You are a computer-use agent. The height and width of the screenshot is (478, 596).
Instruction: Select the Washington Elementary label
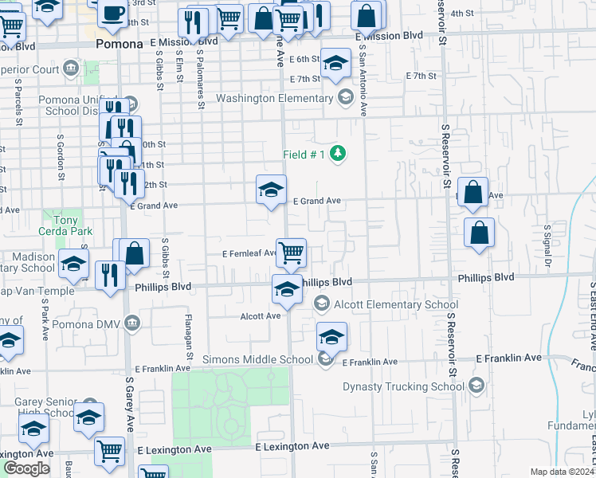coord(275,99)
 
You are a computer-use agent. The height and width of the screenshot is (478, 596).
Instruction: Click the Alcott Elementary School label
coord(396,304)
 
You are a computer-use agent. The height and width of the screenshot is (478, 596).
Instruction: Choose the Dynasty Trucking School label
coord(403,386)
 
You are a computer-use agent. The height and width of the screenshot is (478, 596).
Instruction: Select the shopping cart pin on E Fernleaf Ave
coord(292,253)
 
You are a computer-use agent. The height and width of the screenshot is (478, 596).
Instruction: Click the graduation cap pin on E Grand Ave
coord(271,190)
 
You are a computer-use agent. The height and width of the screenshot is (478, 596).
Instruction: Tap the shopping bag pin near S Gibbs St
coord(135,253)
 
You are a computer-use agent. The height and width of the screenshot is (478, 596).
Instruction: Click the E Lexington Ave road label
coord(292,448)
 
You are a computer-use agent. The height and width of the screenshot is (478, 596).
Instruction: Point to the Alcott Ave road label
coord(261,315)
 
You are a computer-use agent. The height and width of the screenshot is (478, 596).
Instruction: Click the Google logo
coord(26,468)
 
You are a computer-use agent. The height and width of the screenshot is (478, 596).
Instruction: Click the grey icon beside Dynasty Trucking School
coord(476,386)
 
